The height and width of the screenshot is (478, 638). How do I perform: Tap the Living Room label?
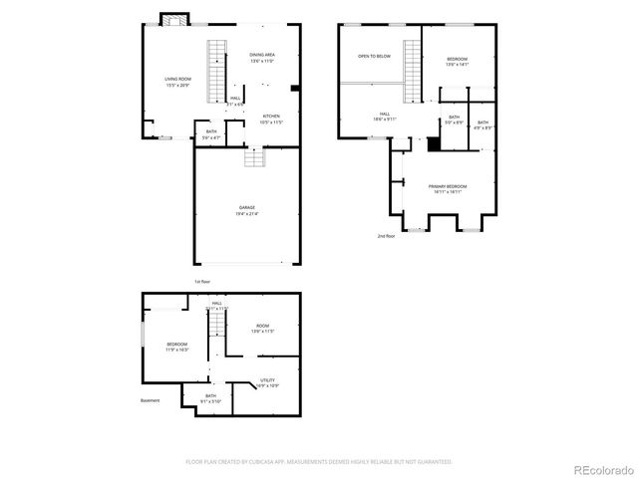pyautogui.click(x=178, y=82)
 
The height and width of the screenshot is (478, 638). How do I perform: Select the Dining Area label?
pyautogui.click(x=262, y=58)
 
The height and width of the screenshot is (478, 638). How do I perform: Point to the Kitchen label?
pyautogui.click(x=271, y=119)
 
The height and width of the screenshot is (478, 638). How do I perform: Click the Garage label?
pyautogui.click(x=246, y=210)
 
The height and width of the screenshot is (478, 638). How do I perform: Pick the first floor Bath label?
pyautogui.click(x=211, y=133)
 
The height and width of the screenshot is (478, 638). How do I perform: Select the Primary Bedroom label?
pyautogui.click(x=448, y=189)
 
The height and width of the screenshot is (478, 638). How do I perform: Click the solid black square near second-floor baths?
pyautogui.click(x=434, y=143)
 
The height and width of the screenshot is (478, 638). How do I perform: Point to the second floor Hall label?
pyautogui.click(x=384, y=116)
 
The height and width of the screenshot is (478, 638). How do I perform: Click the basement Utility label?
pyautogui.click(x=268, y=381)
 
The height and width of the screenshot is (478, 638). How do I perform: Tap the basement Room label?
pyautogui.click(x=262, y=328)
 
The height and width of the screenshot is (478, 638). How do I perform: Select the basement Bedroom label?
pyautogui.click(x=176, y=346)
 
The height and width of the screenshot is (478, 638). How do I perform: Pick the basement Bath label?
pyautogui.click(x=211, y=397)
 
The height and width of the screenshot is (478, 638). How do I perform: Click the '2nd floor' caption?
pyautogui.click(x=387, y=236)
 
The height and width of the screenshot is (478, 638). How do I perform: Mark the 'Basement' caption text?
pyautogui.click(x=151, y=400)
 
